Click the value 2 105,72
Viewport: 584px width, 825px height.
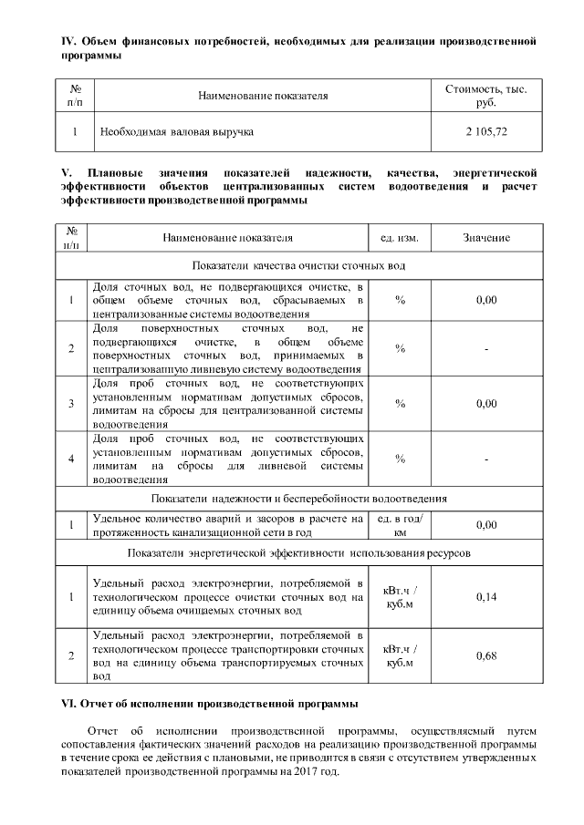click(x=485, y=132)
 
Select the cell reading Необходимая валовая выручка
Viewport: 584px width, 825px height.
click(x=176, y=132)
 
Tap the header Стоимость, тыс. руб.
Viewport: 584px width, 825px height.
click(x=485, y=95)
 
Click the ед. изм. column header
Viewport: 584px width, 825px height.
click(x=400, y=238)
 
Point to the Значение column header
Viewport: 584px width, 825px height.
click(x=485, y=238)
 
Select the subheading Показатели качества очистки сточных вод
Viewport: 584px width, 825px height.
click(x=298, y=265)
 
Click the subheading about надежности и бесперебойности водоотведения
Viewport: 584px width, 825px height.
click(x=298, y=499)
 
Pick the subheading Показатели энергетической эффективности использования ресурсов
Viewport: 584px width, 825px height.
click(x=298, y=552)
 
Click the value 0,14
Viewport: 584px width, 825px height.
click(x=485, y=596)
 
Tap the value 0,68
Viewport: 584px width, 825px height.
click(x=485, y=655)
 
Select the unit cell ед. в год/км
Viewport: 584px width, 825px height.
click(x=400, y=525)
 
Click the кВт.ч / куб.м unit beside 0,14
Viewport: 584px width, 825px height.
click(x=400, y=596)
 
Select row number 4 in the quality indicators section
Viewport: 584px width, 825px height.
click(x=71, y=458)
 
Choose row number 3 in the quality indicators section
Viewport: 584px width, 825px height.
click(x=71, y=403)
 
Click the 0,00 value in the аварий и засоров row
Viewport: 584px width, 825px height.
click(x=485, y=525)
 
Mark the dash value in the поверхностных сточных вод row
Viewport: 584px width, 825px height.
click(x=485, y=348)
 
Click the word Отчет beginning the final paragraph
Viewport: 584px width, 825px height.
click(x=105, y=731)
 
